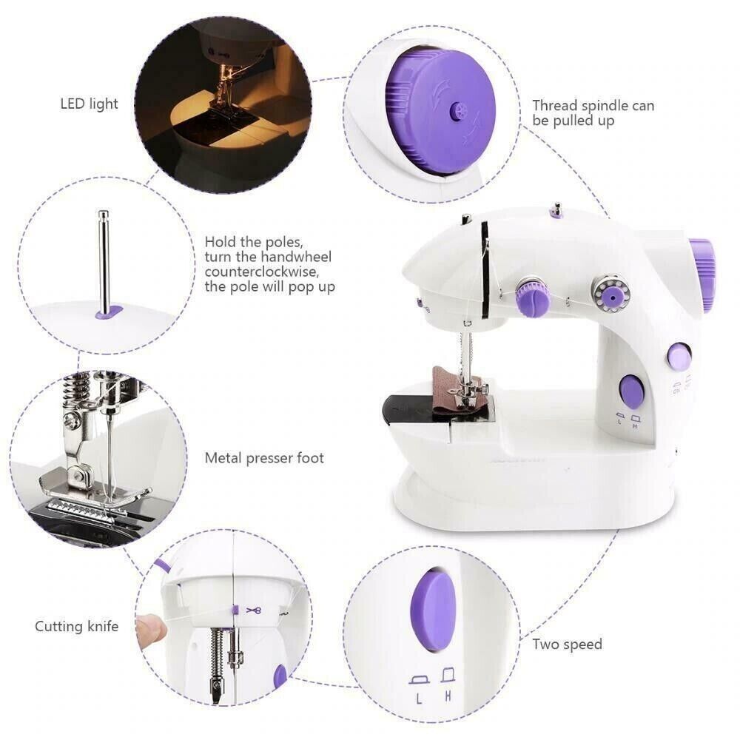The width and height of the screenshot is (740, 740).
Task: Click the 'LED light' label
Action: (x=89, y=104)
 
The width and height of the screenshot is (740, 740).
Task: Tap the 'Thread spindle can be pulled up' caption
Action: (x=593, y=112)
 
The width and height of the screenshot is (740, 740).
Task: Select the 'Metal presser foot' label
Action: (x=264, y=458)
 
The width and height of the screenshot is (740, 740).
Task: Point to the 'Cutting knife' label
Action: (x=76, y=627)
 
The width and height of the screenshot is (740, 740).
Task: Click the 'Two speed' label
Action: (x=567, y=644)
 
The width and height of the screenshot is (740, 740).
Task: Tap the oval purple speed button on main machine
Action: (x=631, y=391)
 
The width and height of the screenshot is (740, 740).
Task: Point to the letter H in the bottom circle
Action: (x=448, y=696)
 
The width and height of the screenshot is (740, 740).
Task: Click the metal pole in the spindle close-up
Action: (x=103, y=259)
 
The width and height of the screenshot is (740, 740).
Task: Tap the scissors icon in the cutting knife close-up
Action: (x=255, y=610)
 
